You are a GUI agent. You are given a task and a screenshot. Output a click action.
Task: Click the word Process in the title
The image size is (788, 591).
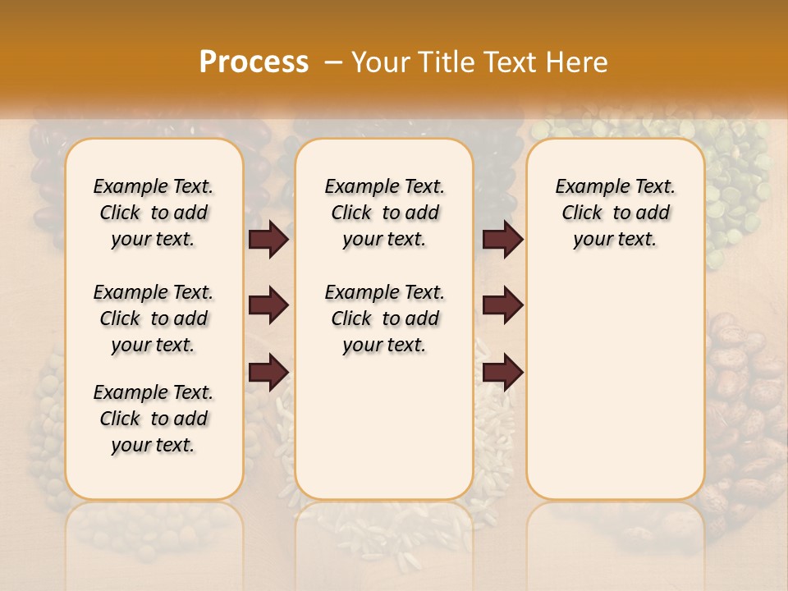tap(253, 62)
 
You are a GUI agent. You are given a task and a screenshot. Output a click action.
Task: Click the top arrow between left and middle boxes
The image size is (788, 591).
tap(268, 239)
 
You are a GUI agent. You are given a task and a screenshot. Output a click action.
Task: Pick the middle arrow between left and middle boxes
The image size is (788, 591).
tap(268, 305)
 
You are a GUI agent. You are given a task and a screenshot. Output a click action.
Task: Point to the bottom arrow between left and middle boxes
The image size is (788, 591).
tap(268, 373)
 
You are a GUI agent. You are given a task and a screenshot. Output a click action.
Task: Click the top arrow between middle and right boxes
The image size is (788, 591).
tap(502, 239)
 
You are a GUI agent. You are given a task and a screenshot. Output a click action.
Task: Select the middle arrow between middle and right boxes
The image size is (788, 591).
tap(502, 305)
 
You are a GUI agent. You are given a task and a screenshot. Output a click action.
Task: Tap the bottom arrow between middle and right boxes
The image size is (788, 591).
tap(502, 373)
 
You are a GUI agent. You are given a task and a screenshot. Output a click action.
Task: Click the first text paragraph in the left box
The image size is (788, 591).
tap(153, 213)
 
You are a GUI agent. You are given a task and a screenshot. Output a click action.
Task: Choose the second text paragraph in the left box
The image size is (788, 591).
tap(153, 318)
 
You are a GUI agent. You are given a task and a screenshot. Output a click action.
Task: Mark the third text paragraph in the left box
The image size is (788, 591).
tap(153, 419)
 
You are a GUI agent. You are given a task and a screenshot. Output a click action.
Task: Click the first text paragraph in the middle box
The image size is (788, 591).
tap(384, 213)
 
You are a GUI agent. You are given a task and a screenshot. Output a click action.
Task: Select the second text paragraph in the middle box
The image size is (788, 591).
tap(384, 318)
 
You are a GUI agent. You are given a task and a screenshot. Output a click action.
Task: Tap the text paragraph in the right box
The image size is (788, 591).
tap(615, 213)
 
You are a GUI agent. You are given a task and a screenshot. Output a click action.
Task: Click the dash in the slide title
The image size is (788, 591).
tap(332, 62)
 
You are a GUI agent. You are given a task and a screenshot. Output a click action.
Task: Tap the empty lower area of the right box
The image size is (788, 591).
tap(615, 394)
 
